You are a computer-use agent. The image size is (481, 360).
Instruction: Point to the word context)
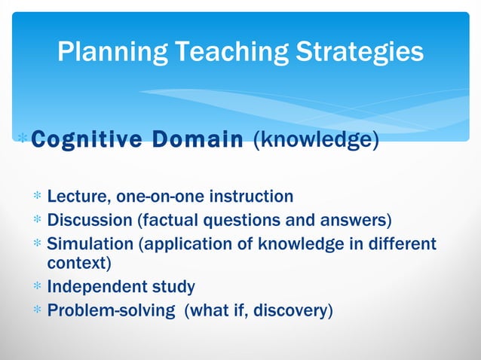pos(79,264)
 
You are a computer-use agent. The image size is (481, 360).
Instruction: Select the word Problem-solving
pos(109,310)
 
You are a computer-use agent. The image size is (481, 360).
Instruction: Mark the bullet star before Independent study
pos(36,288)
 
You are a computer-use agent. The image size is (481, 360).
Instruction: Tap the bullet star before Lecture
pos(36,198)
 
